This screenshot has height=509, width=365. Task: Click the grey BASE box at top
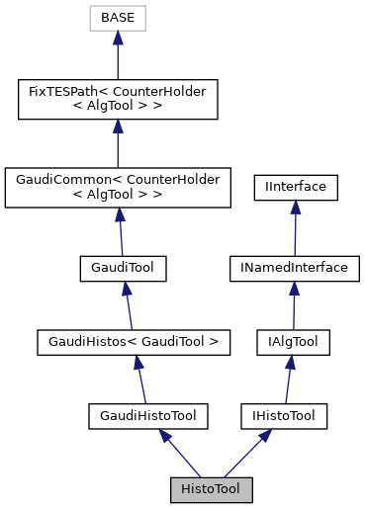(x=117, y=18)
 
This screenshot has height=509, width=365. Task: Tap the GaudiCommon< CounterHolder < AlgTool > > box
(x=118, y=187)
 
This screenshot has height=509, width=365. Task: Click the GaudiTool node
(x=123, y=267)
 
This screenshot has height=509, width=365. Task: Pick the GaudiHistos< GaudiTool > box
(x=133, y=342)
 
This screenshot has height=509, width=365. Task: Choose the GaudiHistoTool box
(x=147, y=416)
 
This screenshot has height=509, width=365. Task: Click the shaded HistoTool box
(x=211, y=489)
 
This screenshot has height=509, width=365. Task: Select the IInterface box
(x=296, y=185)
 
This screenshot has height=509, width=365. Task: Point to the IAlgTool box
(x=287, y=342)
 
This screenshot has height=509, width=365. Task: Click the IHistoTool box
(x=282, y=416)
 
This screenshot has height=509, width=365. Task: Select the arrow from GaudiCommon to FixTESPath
(x=118, y=144)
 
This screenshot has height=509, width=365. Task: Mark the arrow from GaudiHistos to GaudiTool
(x=128, y=305)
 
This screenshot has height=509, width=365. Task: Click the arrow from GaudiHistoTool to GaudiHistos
(x=140, y=380)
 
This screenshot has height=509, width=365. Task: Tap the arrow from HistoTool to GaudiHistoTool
(x=178, y=454)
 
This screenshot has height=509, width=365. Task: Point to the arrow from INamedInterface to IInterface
(x=294, y=226)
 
